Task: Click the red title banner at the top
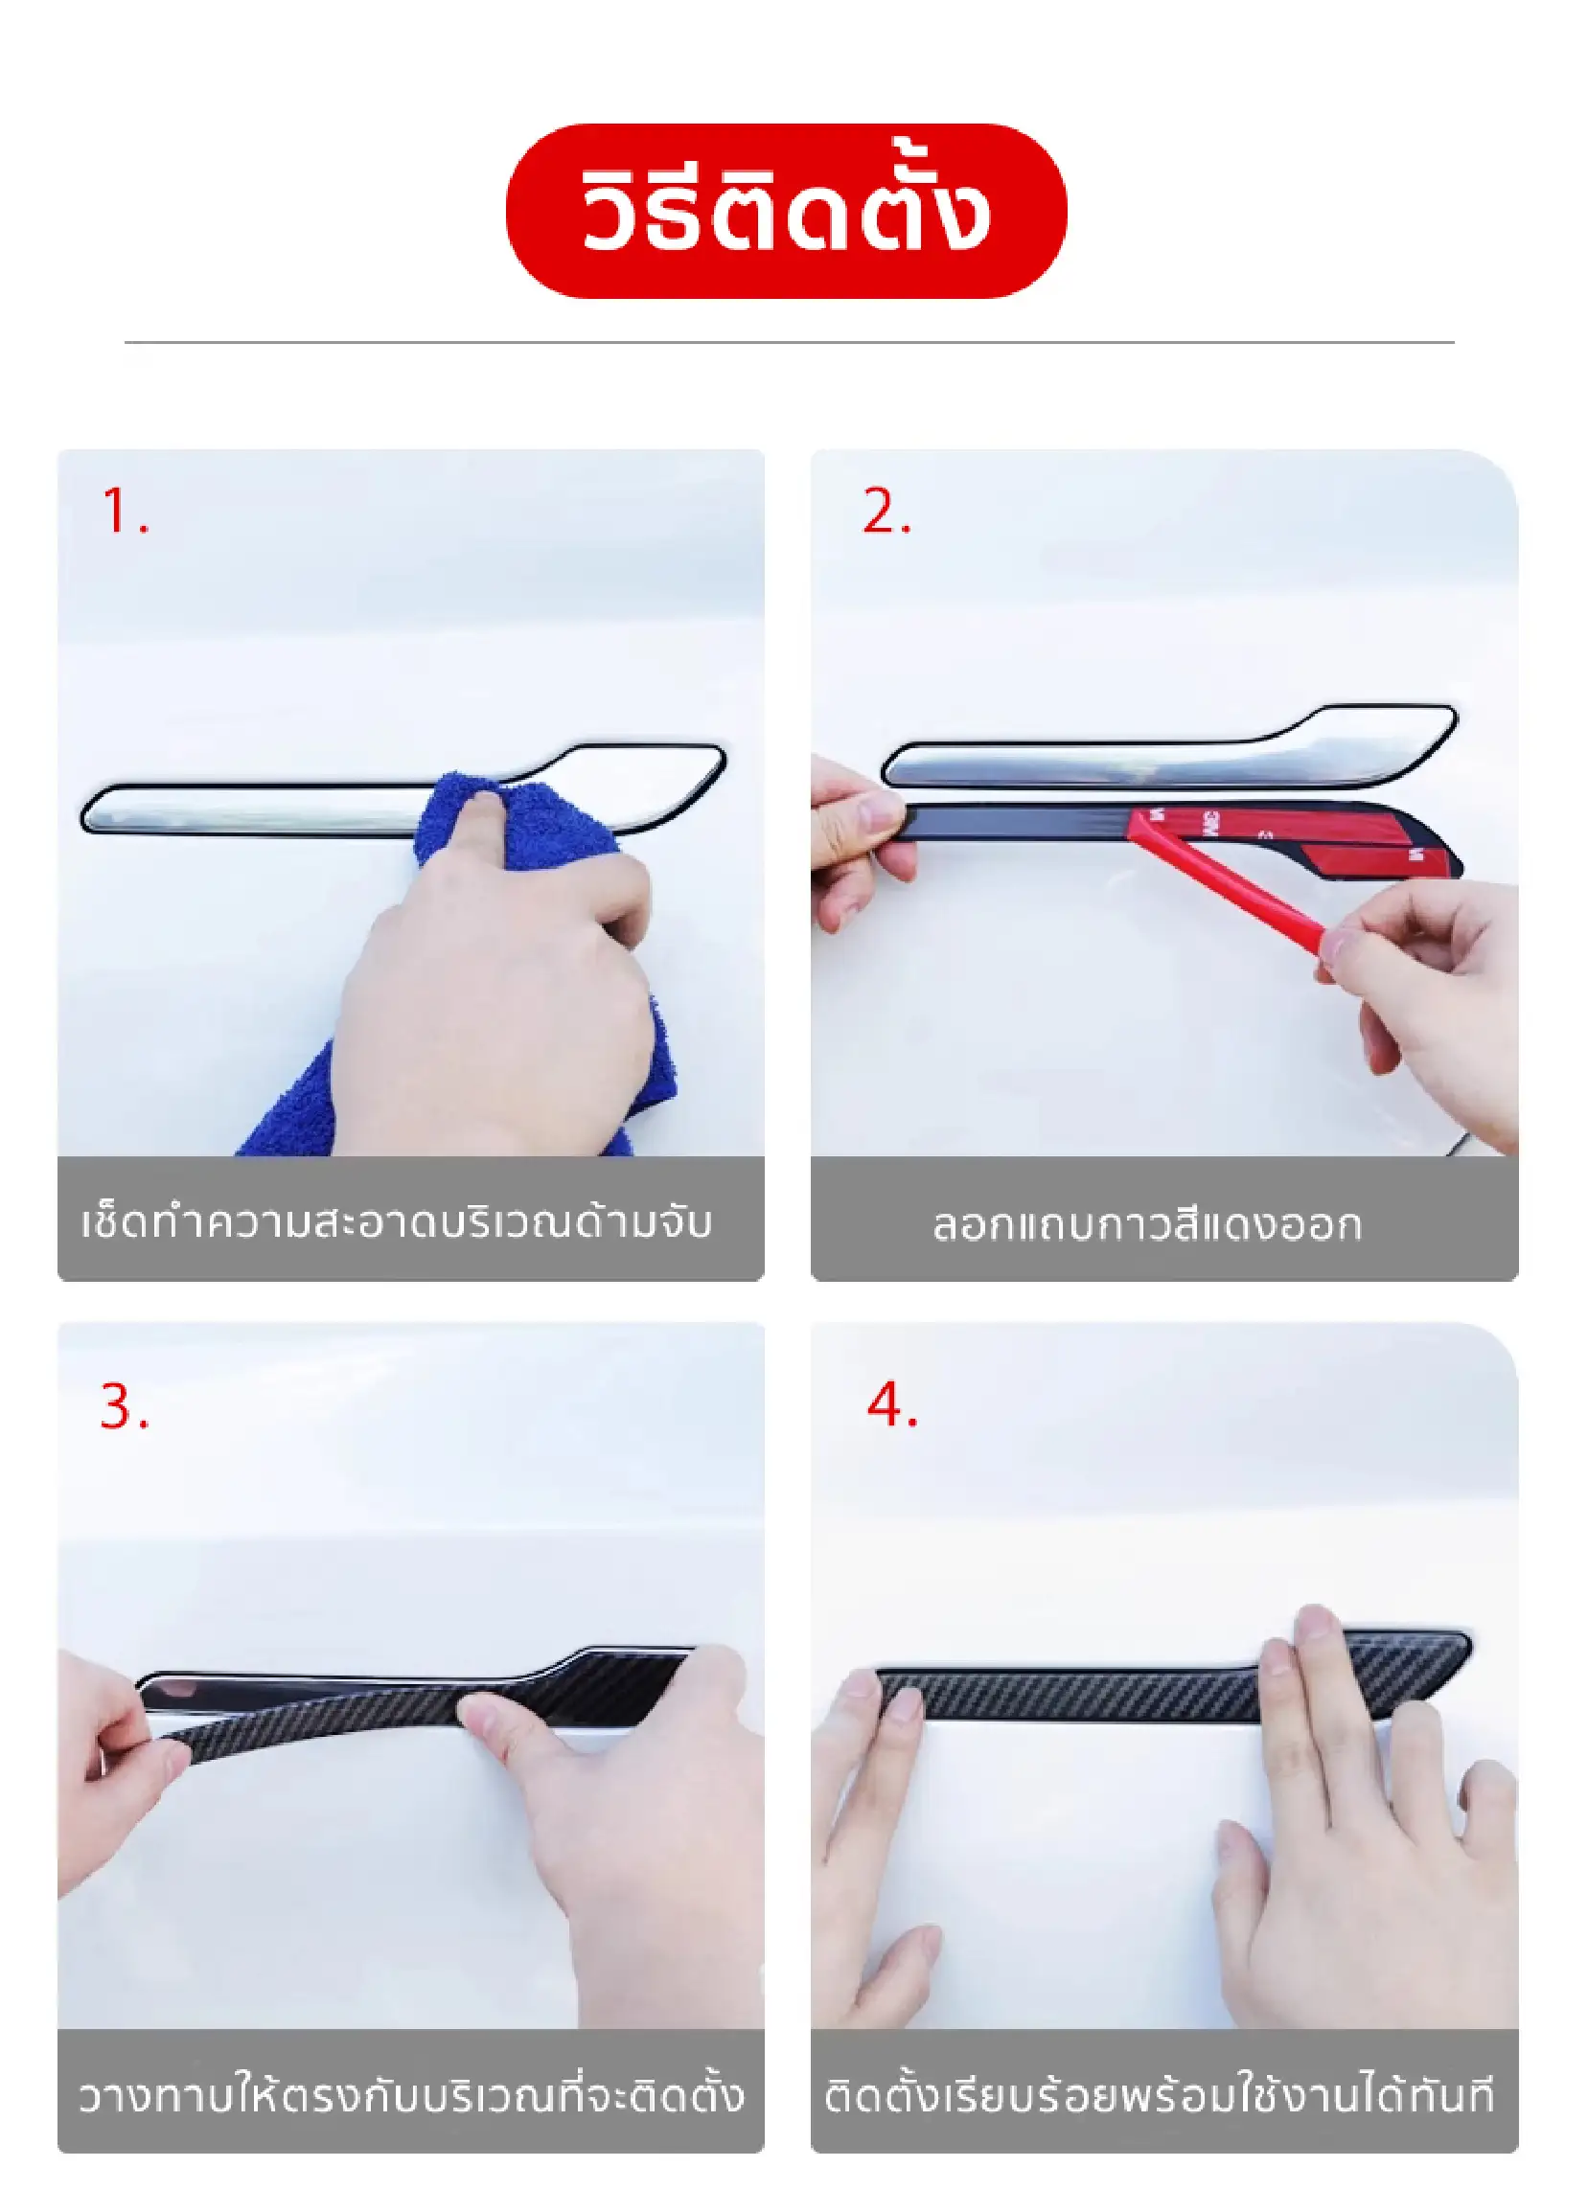pos(785,211)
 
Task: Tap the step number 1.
pos(124,511)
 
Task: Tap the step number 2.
pos(886,511)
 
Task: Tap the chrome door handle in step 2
pos(1169,749)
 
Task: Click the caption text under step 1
pos(397,1222)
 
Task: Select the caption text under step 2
pos(1146,1224)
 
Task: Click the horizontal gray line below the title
pos(789,342)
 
